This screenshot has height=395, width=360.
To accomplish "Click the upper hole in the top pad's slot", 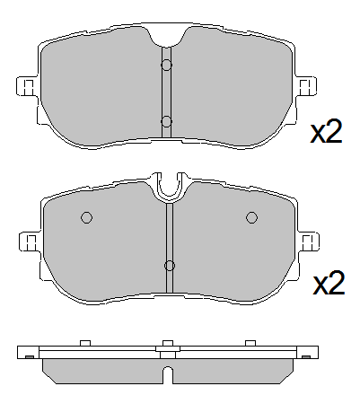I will tap(166, 65).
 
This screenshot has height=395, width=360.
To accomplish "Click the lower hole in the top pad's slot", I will tap(166, 120).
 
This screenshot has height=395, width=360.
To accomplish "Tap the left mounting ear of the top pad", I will tap(27, 86).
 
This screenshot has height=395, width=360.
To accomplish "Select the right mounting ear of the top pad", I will tap(307, 86).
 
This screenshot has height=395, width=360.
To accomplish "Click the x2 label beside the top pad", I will tap(327, 133).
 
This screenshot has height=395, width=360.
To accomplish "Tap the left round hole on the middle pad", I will tap(87, 217).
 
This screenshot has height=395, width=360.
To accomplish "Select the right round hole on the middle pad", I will tap(251, 217).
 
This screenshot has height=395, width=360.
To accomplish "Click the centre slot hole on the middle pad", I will tap(169, 265).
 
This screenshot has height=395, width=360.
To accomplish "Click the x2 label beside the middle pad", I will tap(329, 285).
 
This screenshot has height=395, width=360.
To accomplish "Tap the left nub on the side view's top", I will tap(84, 343).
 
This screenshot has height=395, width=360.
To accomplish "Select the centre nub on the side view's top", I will tap(167, 344).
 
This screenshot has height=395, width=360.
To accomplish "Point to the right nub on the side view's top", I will tap(250, 343).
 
